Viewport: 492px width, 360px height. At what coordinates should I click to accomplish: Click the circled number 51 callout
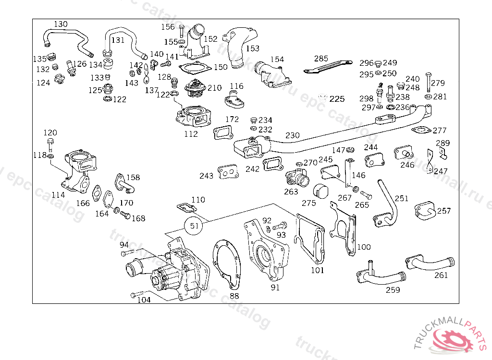(x=194, y=226)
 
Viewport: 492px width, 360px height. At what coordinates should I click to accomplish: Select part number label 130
(x=61, y=24)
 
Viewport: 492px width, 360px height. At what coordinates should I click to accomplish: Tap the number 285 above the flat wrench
(x=321, y=59)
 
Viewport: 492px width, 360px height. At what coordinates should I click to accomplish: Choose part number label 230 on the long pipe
(x=292, y=135)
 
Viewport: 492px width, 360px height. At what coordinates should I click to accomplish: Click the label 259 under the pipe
(x=393, y=290)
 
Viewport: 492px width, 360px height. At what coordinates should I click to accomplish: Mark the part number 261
(x=441, y=275)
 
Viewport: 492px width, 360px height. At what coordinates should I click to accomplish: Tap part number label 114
(x=58, y=195)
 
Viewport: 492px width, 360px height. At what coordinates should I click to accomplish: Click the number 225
(x=337, y=99)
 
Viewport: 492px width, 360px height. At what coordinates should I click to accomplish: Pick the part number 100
(x=364, y=247)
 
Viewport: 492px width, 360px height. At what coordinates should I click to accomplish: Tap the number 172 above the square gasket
(x=232, y=119)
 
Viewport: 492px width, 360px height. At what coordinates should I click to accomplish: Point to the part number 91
(x=275, y=288)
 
